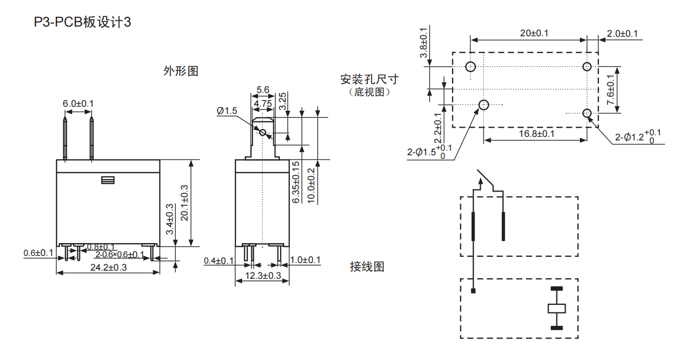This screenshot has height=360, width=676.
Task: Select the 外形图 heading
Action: (180, 71)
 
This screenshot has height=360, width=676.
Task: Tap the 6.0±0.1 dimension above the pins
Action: (78, 104)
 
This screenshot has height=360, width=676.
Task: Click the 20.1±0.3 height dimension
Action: (185, 202)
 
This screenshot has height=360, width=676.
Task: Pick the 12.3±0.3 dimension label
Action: (263, 276)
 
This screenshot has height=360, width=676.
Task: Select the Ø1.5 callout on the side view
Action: (227, 111)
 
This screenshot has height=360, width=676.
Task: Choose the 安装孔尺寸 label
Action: (369, 80)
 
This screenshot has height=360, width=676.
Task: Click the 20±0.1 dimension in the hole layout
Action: (534, 34)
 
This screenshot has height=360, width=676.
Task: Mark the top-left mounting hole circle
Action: (471, 66)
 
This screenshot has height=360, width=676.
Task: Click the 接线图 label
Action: (367, 267)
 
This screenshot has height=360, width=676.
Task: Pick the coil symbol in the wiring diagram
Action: (556, 308)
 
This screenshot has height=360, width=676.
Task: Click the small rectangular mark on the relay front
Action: (107, 180)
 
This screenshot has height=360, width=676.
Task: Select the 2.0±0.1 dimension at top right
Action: (622, 34)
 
